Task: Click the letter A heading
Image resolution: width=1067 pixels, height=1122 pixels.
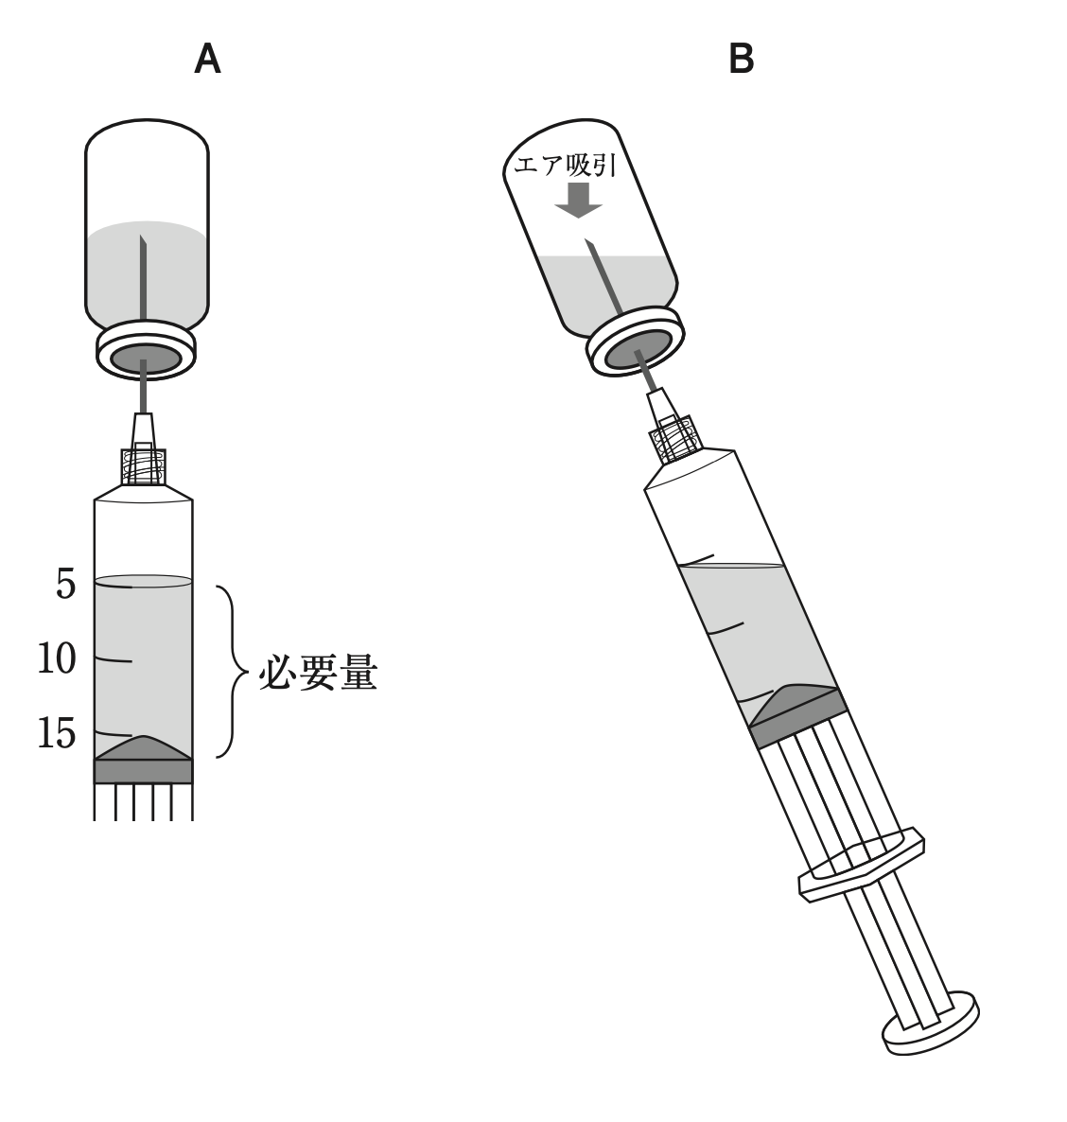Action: (x=207, y=60)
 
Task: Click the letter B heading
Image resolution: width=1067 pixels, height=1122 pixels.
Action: (x=742, y=60)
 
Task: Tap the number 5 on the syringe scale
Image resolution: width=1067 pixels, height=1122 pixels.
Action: (x=65, y=585)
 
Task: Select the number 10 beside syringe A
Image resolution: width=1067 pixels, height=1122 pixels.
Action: (x=57, y=659)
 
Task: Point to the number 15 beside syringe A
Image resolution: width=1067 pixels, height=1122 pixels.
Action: (x=57, y=734)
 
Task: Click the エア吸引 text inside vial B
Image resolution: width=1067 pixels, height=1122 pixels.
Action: (x=565, y=167)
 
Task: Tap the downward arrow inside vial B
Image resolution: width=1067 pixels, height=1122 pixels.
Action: (x=577, y=200)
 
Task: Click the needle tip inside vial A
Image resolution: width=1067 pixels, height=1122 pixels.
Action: (x=142, y=239)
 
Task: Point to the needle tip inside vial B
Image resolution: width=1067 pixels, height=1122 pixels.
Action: (x=589, y=245)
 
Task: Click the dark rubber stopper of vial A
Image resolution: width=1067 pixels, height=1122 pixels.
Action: (x=145, y=359)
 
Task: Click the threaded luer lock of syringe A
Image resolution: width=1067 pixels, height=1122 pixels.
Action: (x=144, y=466)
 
